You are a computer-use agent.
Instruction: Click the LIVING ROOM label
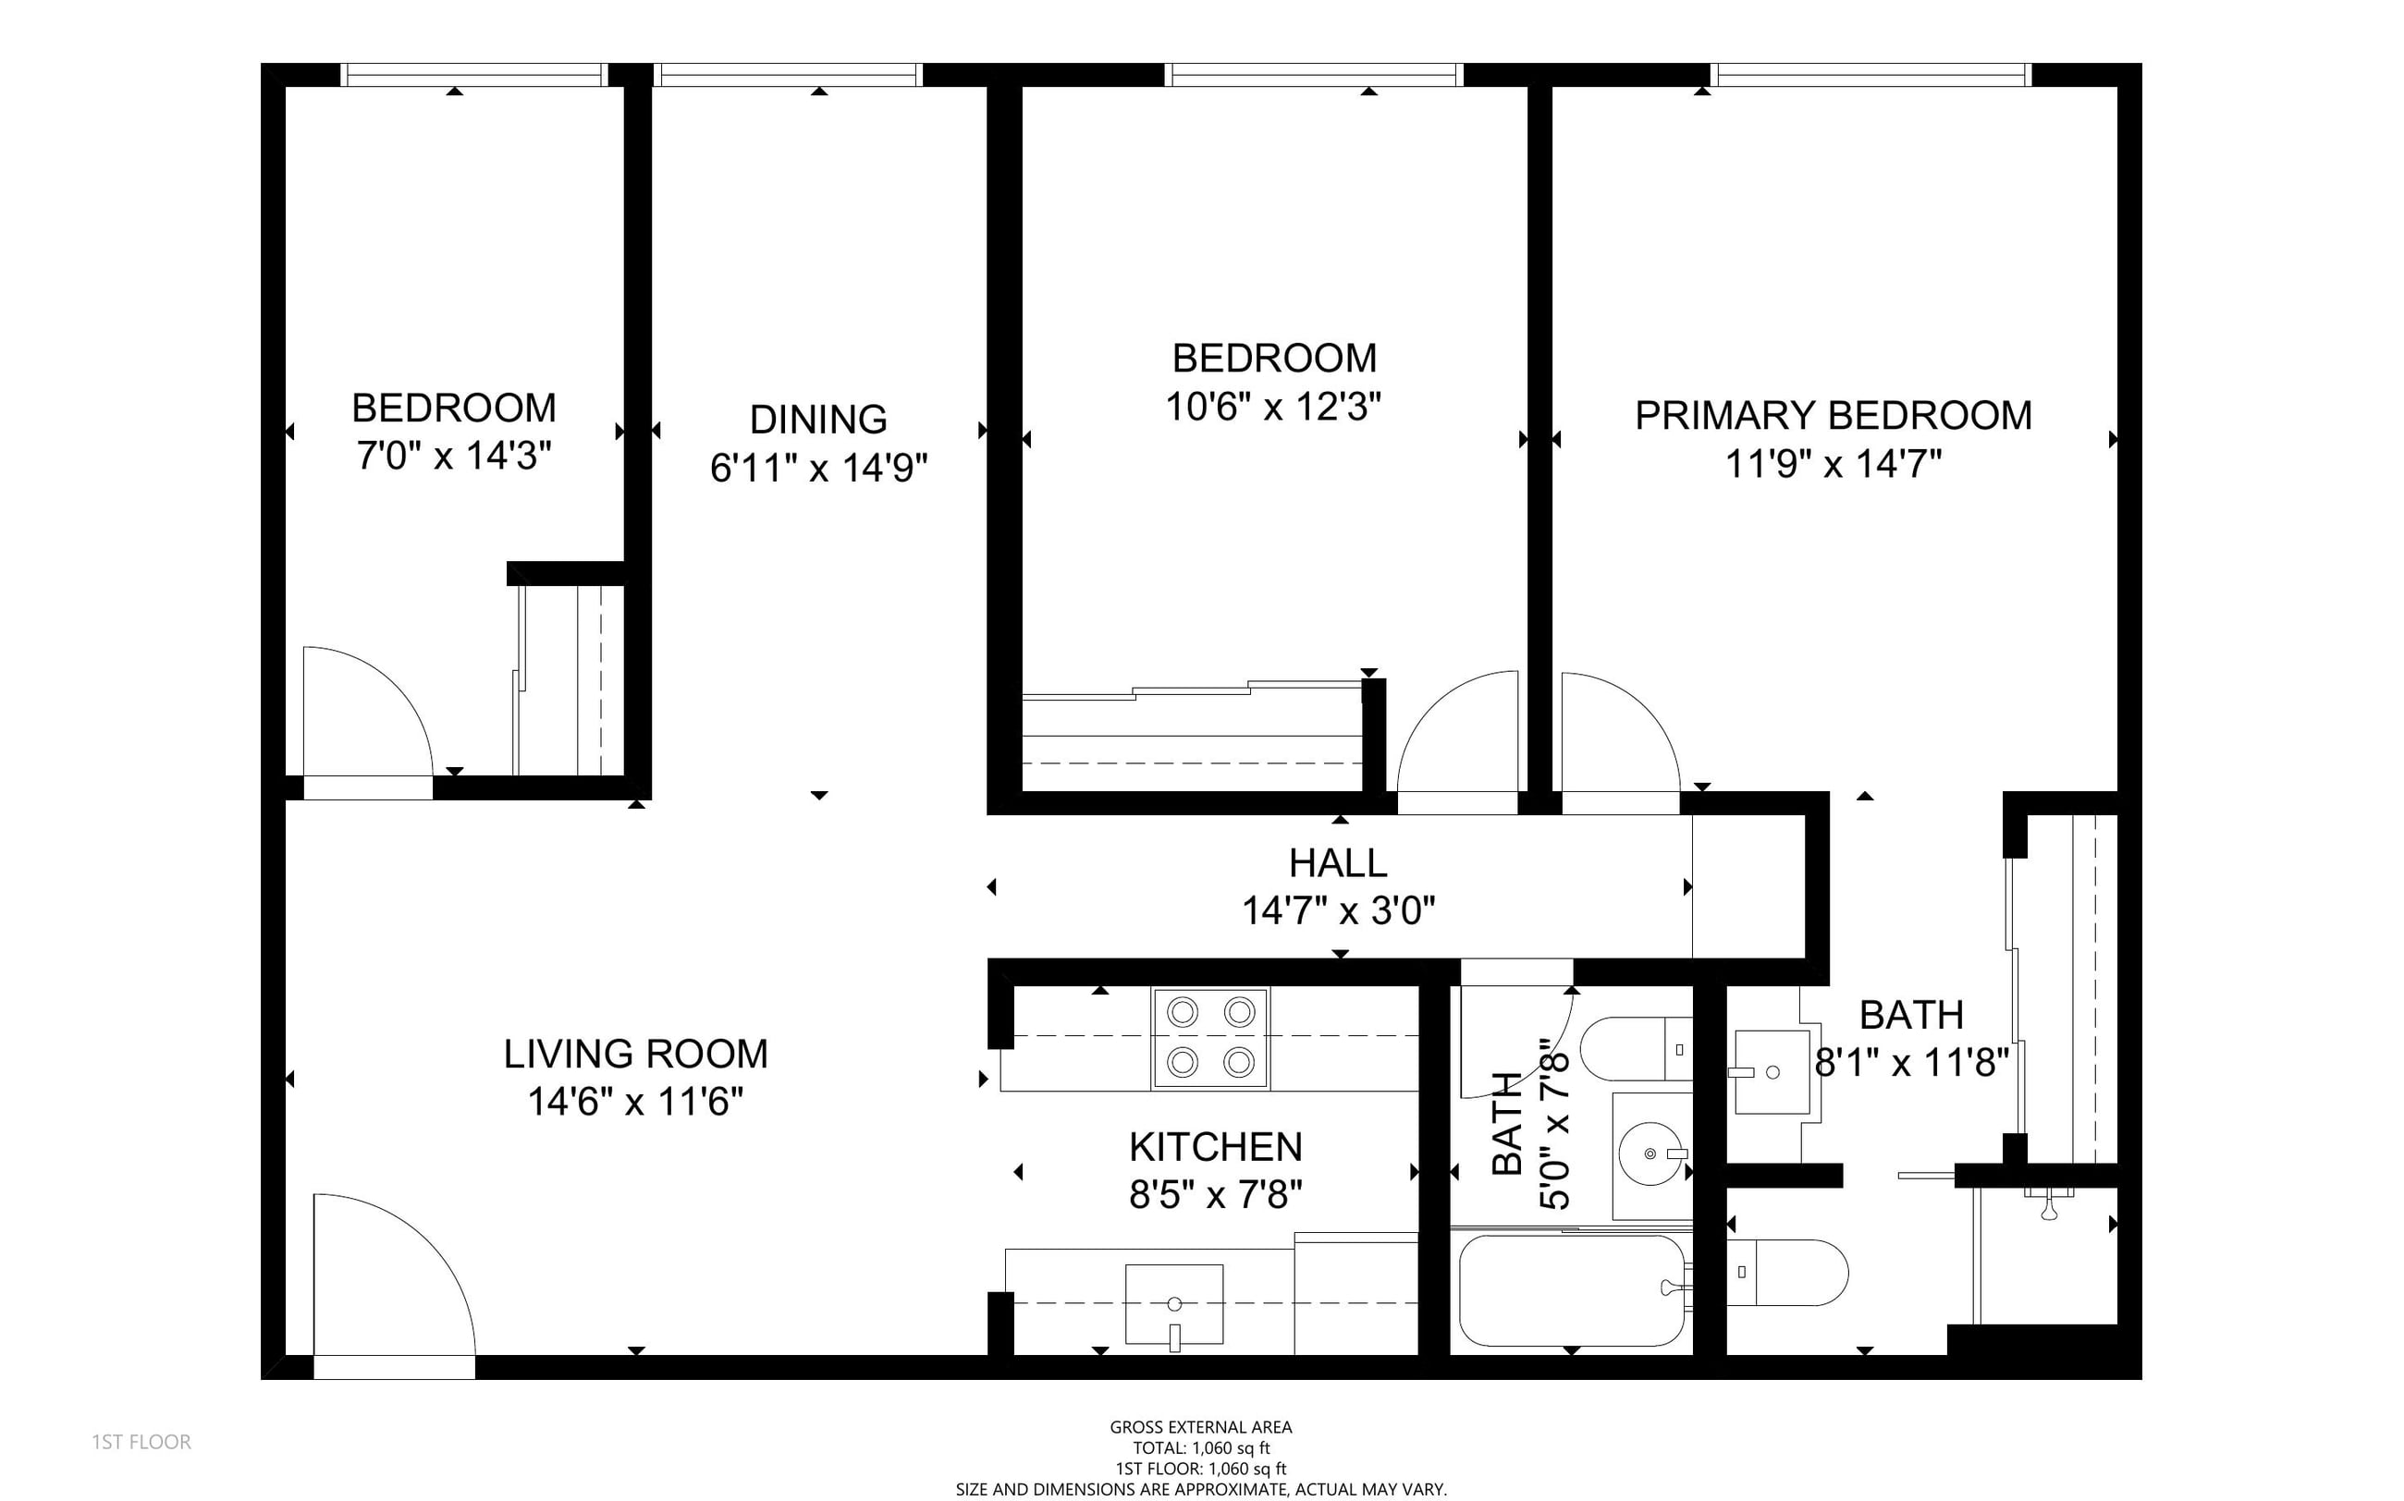[x=635, y=1055]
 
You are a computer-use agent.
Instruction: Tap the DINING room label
[x=818, y=420]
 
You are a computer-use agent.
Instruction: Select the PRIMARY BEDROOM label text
[x=1833, y=415]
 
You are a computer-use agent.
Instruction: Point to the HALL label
[x=1338, y=863]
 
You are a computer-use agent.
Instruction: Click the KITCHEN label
[x=1215, y=1148]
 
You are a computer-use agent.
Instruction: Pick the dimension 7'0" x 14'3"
[x=454, y=456]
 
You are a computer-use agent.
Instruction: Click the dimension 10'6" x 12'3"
[x=1273, y=406]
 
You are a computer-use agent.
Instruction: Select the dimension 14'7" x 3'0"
[x=1339, y=910]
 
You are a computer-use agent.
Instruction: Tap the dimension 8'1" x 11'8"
[x=1911, y=1063]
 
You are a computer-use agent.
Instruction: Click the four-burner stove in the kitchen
[x=1209, y=1037]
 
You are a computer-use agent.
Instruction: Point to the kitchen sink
[x=1173, y=1304]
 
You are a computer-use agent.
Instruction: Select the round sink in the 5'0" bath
[x=1650, y=1154]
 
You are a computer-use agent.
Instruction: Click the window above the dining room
[x=789, y=75]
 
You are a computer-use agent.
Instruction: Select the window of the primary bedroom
[x=1870, y=75]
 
